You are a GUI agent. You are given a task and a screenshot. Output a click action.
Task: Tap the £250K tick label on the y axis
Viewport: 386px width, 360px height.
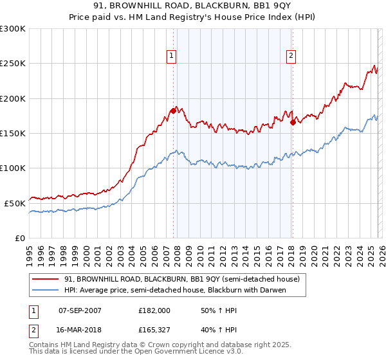(x=13, y=64)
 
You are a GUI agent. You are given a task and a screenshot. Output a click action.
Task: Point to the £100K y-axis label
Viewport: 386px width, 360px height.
(x=13, y=168)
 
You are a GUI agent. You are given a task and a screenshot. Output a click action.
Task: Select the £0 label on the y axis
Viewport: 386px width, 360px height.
(x=19, y=237)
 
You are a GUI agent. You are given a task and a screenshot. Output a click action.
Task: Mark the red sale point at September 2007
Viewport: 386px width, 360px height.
(x=173, y=111)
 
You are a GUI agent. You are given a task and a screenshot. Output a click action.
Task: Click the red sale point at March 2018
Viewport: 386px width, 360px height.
(x=293, y=122)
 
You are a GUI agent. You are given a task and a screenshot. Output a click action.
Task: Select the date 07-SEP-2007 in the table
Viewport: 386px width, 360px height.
(x=80, y=310)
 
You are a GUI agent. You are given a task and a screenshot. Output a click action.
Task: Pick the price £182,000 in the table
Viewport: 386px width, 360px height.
(x=154, y=310)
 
